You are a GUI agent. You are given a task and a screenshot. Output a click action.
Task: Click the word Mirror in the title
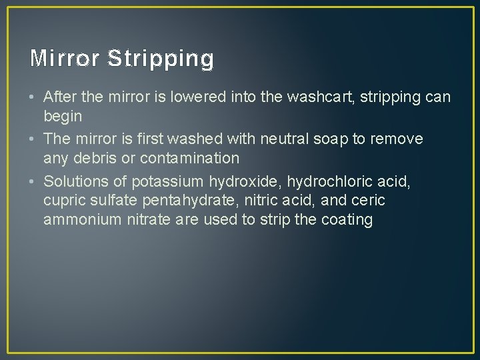click(x=64, y=59)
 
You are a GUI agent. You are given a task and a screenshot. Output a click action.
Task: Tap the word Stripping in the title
click(x=160, y=59)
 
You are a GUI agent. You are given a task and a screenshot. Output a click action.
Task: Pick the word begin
click(x=63, y=117)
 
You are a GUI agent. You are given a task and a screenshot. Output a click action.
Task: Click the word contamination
click(x=188, y=158)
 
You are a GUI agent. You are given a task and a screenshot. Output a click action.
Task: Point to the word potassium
click(x=167, y=181)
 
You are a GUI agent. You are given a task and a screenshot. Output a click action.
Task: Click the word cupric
click(x=63, y=200)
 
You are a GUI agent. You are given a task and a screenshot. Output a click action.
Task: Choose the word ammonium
click(x=83, y=219)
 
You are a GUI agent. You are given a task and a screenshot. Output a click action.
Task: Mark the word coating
click(x=346, y=219)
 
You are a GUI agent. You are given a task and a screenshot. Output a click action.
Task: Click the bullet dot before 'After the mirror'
click(x=33, y=97)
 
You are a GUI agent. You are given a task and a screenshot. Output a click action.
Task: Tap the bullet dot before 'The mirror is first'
click(x=33, y=139)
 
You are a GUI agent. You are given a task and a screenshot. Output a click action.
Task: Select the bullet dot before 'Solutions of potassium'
click(x=33, y=181)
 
